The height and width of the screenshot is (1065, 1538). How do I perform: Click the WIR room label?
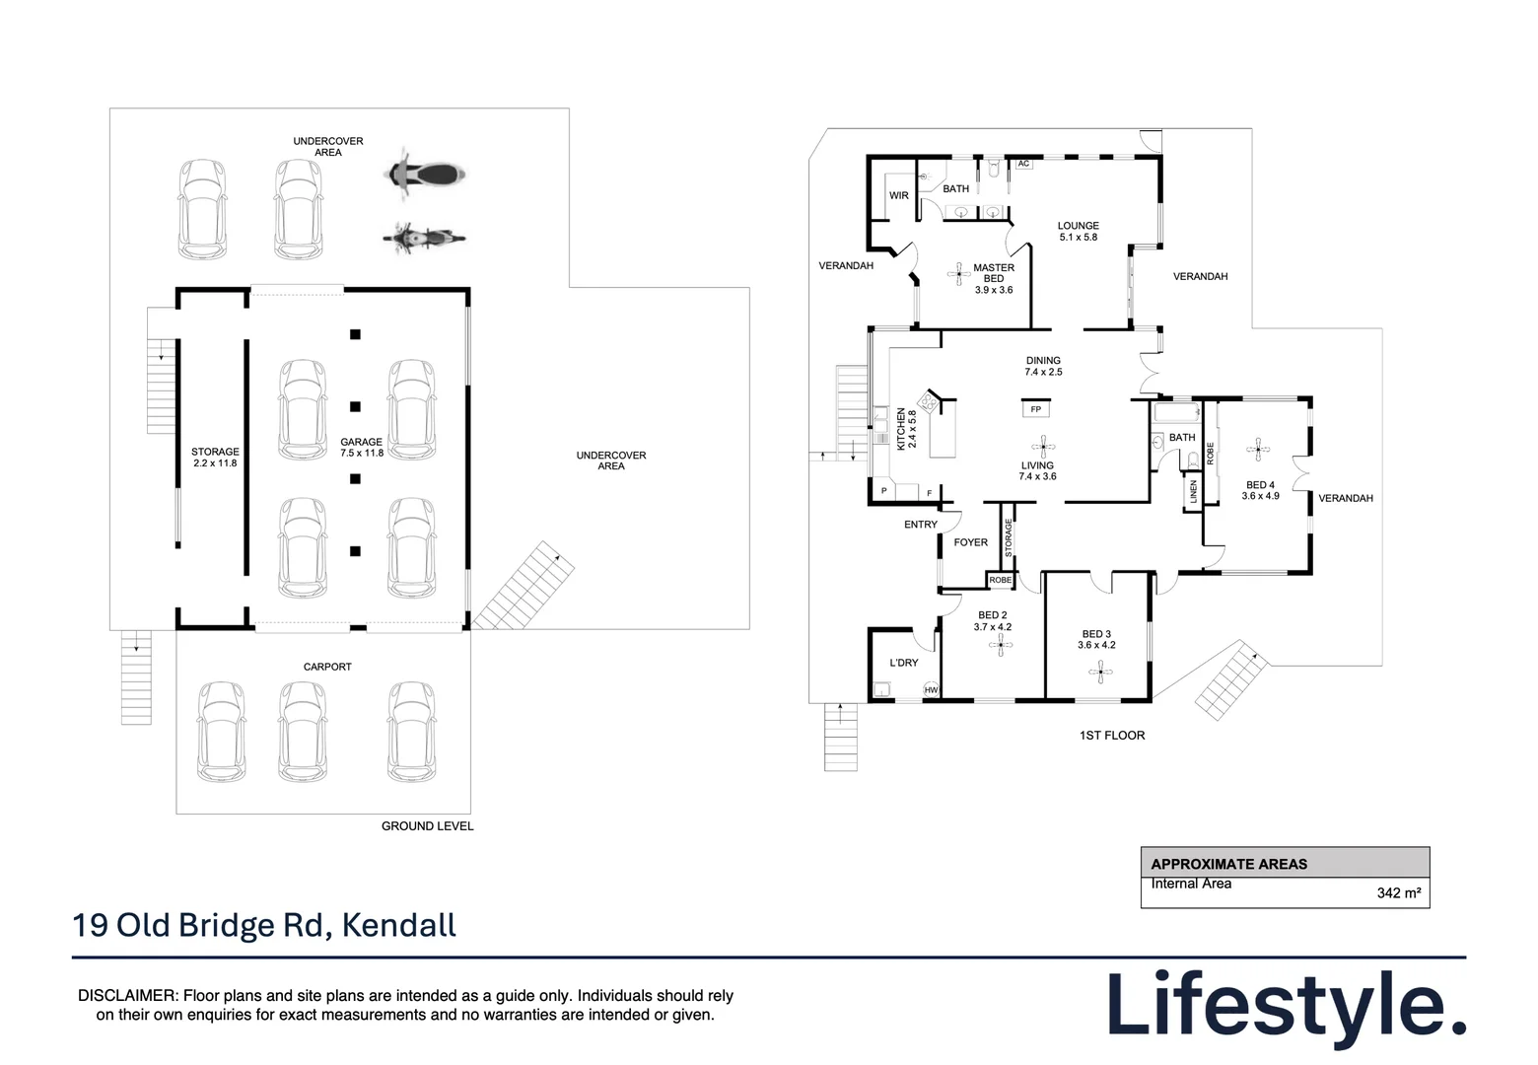[x=899, y=195]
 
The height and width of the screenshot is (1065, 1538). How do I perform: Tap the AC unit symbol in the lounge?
[x=1023, y=164]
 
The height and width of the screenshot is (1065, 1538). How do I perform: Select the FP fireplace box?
[x=1036, y=409]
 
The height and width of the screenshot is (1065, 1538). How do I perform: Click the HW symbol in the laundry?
[x=931, y=690]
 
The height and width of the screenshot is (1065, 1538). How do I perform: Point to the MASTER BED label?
[x=994, y=273]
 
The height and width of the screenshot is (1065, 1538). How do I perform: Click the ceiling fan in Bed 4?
[x=1258, y=450]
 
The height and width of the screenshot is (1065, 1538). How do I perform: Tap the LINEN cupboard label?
[x=1193, y=492]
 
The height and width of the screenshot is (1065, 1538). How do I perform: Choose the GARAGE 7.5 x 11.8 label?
[x=361, y=447]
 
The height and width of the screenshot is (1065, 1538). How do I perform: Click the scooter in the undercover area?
[x=424, y=175]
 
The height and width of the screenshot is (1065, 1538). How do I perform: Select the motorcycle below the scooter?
[x=424, y=238]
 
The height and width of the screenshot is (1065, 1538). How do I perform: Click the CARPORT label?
[x=327, y=667]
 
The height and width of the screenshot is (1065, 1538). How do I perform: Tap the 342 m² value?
[x=1399, y=892]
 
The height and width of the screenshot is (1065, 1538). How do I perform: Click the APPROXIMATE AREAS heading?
[x=1229, y=865]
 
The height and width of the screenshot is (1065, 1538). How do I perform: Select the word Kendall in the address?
[x=399, y=925]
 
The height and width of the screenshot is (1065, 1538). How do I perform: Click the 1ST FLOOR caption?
[x=1112, y=736]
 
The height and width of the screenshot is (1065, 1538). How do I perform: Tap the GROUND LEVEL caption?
[x=428, y=826]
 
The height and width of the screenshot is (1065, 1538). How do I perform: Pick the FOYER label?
[x=971, y=542]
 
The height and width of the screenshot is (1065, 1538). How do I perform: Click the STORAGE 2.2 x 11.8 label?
[x=215, y=458]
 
